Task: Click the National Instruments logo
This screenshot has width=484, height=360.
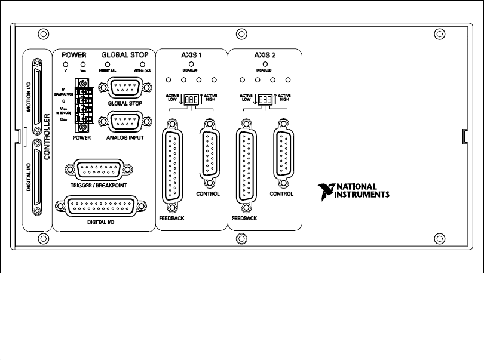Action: pos(354,190)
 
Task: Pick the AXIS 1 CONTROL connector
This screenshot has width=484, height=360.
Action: pos(208,153)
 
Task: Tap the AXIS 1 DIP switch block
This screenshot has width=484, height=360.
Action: pos(192,99)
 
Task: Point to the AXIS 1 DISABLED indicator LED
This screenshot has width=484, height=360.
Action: pos(191,64)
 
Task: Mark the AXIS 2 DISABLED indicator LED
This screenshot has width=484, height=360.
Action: pos(264,64)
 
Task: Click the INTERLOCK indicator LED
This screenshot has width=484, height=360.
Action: pos(142,64)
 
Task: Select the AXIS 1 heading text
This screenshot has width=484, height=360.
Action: pos(191,54)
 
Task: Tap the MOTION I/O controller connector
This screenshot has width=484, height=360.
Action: pos(38,95)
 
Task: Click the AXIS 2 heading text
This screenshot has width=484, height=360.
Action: pos(264,54)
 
